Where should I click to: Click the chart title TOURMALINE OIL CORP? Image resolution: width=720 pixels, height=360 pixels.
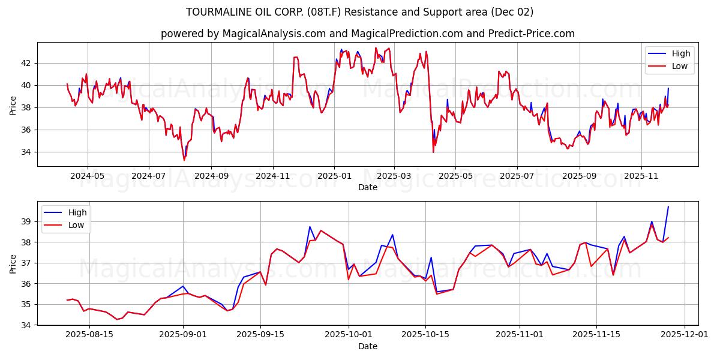[x=359, y=12]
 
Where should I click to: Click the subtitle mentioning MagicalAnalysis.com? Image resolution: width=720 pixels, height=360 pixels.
[x=367, y=34]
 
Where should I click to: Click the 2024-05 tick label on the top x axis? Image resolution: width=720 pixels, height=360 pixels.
[x=87, y=176]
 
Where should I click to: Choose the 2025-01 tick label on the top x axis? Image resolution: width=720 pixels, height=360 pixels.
[x=334, y=176]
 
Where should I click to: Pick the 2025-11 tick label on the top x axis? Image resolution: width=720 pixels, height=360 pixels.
[x=641, y=176]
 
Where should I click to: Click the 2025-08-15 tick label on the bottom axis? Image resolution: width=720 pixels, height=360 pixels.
[x=89, y=335]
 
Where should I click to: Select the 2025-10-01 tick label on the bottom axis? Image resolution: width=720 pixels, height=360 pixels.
[x=349, y=335]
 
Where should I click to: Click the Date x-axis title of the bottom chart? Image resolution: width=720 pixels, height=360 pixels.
[x=367, y=346]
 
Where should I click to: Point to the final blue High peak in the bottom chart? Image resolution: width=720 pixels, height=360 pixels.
[x=668, y=206]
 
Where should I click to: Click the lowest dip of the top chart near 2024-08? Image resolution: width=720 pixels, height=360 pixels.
[x=184, y=160]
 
